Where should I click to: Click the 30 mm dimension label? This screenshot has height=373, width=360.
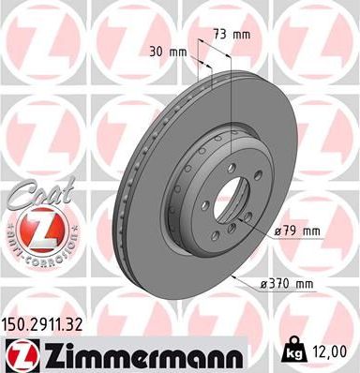(x=166, y=52)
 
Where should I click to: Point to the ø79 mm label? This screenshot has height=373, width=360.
(x=297, y=231)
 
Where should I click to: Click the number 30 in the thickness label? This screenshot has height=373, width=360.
(x=156, y=52)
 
